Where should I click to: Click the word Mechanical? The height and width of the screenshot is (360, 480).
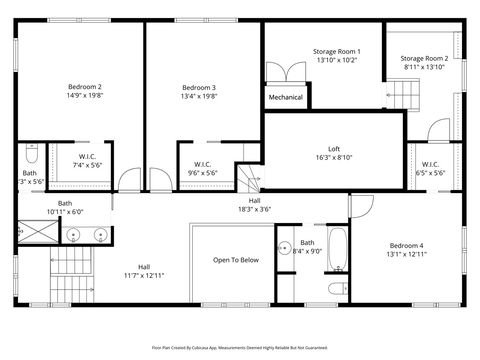(285, 98)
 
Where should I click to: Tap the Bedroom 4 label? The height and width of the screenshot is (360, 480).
(406, 246)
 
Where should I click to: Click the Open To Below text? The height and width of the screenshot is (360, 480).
(236, 260)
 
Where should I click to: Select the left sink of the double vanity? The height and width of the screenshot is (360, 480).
(73, 237)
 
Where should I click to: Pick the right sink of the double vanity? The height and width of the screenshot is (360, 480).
(100, 237)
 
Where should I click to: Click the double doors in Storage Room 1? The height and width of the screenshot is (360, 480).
(284, 72)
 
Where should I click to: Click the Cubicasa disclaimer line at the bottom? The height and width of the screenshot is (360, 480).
(240, 346)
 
